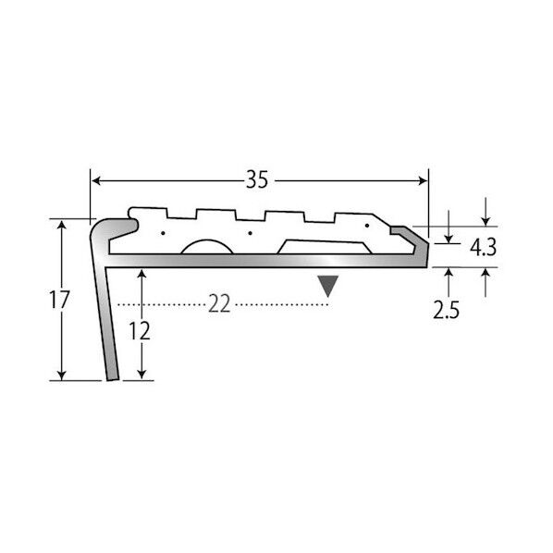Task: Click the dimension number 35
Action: pyautogui.click(x=257, y=179)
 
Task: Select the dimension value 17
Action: pyautogui.click(x=59, y=301)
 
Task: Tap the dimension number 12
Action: pyautogui.click(x=140, y=331)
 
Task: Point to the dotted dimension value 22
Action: pyautogui.click(x=219, y=303)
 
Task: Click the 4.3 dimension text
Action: pyautogui.click(x=483, y=247)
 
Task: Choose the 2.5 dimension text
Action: pyautogui.click(x=446, y=310)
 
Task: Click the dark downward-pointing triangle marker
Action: pyautogui.click(x=328, y=286)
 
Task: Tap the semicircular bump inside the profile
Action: pyautogui.click(x=207, y=246)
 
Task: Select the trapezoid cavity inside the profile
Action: pyautogui.click(x=324, y=247)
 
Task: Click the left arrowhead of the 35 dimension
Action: pyautogui.click(x=96, y=181)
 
